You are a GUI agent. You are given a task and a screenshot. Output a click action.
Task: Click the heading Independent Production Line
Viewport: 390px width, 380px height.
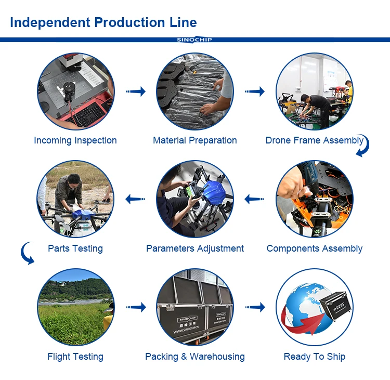103,22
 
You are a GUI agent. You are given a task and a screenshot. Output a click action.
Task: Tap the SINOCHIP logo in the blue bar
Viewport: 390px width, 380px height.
194,40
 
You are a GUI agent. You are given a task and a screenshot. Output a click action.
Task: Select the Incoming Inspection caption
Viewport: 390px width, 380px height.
75,140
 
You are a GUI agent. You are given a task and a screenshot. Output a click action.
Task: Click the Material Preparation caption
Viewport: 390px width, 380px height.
195,140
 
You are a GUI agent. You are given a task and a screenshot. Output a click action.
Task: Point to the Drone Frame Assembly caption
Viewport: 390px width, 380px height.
314,140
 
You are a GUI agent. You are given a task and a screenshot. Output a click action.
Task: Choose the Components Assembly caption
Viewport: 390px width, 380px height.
315,248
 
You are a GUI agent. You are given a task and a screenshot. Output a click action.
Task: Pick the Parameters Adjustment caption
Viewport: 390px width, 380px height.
195,248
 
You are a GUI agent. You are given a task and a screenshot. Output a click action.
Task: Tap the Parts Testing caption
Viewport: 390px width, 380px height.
75,248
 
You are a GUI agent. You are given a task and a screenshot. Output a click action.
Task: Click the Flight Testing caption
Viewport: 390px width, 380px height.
75,357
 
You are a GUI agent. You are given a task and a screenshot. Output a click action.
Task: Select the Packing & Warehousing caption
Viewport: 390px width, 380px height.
195,357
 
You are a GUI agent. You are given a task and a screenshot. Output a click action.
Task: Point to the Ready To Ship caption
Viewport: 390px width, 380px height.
315,357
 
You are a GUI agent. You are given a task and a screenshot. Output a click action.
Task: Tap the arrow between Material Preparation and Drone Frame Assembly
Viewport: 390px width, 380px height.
255,92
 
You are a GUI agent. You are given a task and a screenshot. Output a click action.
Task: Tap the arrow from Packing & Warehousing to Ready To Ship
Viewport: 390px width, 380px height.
255,307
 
